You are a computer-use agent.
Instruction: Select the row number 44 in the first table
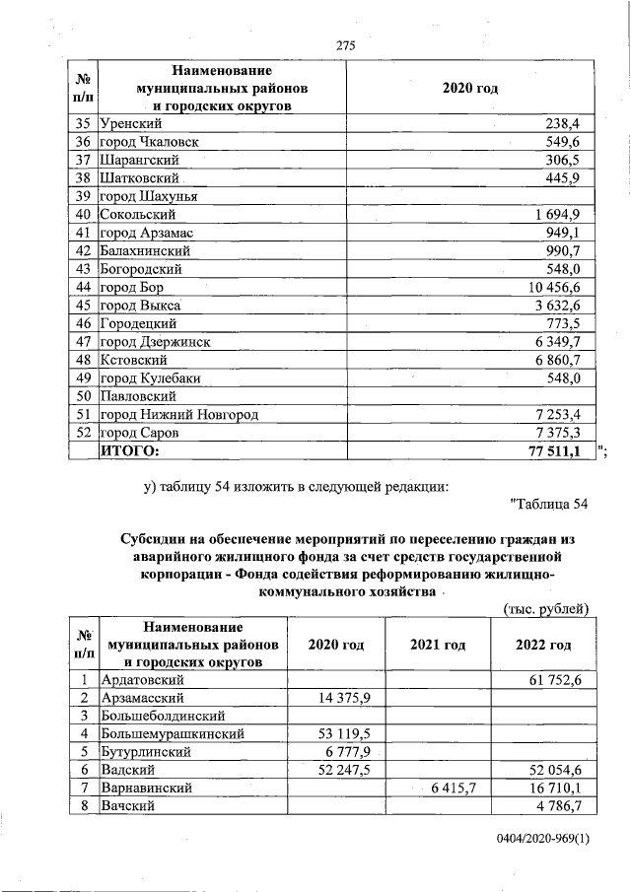click(x=83, y=287)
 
